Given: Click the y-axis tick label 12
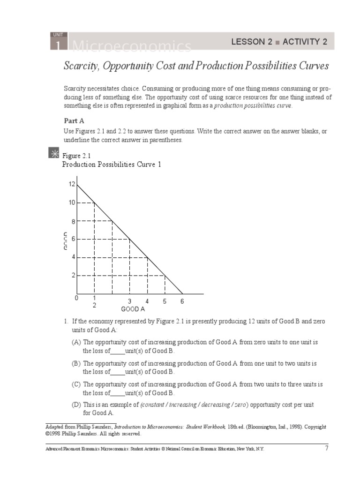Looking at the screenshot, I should (72, 184).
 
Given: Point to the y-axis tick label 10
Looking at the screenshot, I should (72, 202).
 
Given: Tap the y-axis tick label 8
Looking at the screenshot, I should (73, 221).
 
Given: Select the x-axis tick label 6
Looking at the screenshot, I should (182, 301).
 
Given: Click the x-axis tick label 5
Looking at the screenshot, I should (165, 301).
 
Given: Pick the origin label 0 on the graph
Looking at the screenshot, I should (77, 298).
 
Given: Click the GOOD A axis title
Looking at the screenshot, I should (133, 309).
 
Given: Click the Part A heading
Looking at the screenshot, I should (74, 120).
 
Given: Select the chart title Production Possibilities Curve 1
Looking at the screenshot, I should (112, 165).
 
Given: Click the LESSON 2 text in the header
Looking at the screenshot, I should (252, 42).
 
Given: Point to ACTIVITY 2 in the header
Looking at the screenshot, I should (305, 42).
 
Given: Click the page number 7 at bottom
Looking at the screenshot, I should (327, 448).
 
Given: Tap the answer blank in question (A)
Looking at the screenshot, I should (118, 351).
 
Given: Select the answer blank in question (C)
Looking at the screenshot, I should (118, 393).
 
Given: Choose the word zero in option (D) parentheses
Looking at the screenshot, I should (239, 405).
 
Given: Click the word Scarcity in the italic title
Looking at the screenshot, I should (80, 66).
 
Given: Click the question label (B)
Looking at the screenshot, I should (76, 364).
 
